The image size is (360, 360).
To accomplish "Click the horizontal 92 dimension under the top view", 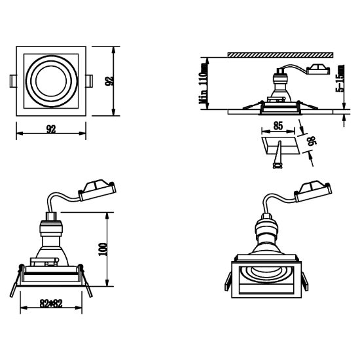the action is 51,129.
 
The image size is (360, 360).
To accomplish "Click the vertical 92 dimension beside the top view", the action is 109,81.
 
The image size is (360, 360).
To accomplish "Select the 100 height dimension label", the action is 103,249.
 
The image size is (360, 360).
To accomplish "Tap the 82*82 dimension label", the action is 51,304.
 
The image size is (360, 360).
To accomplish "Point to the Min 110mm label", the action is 203,83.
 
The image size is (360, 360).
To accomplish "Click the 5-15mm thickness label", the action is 340,79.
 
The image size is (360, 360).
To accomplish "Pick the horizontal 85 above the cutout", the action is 278,126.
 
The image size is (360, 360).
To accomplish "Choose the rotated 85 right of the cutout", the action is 312,141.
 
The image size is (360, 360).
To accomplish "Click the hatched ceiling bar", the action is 280,55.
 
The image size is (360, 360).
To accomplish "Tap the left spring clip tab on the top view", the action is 13,81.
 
